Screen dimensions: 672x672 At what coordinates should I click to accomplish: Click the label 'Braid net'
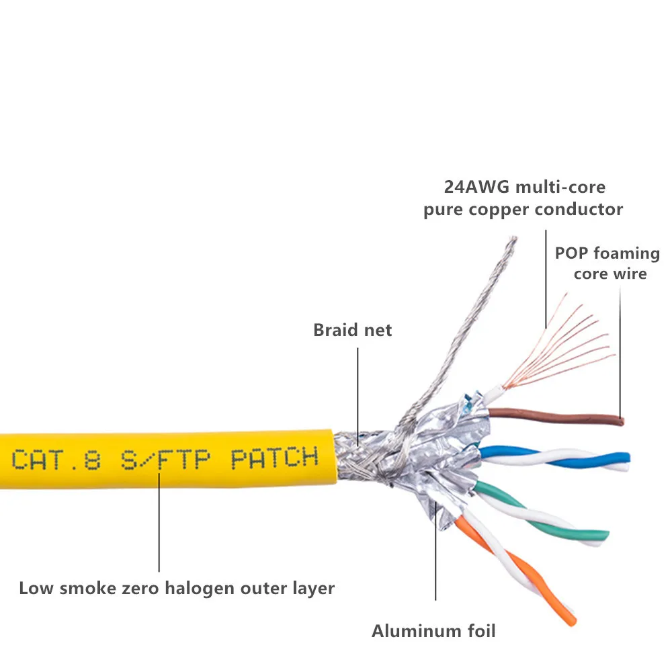(x=352, y=330)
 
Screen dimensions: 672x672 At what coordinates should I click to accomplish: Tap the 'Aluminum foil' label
(x=433, y=631)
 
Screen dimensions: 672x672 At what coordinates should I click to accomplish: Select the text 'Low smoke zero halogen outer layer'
(x=177, y=589)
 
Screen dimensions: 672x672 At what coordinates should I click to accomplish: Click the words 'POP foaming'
(x=607, y=253)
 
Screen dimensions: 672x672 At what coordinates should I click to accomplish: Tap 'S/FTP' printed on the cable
(x=165, y=460)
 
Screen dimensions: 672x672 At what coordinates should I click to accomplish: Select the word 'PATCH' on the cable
(x=274, y=458)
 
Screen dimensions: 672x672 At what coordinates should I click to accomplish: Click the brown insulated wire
(x=558, y=417)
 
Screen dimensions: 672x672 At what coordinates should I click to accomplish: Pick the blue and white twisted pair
(x=558, y=458)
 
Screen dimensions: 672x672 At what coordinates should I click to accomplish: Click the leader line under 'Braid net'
(x=358, y=390)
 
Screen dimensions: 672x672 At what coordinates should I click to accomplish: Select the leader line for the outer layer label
(x=159, y=524)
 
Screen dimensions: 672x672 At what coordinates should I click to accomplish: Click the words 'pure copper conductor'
(x=523, y=210)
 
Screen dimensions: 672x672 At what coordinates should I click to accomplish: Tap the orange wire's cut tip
(x=571, y=622)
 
